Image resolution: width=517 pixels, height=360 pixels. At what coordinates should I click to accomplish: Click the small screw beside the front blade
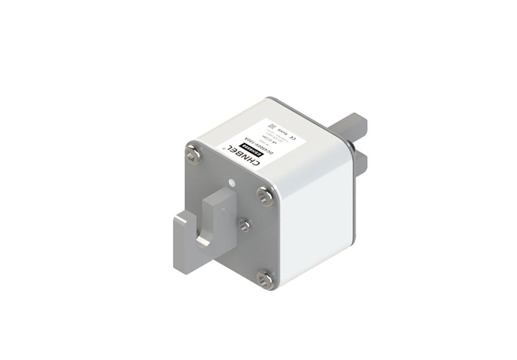[245, 225]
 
